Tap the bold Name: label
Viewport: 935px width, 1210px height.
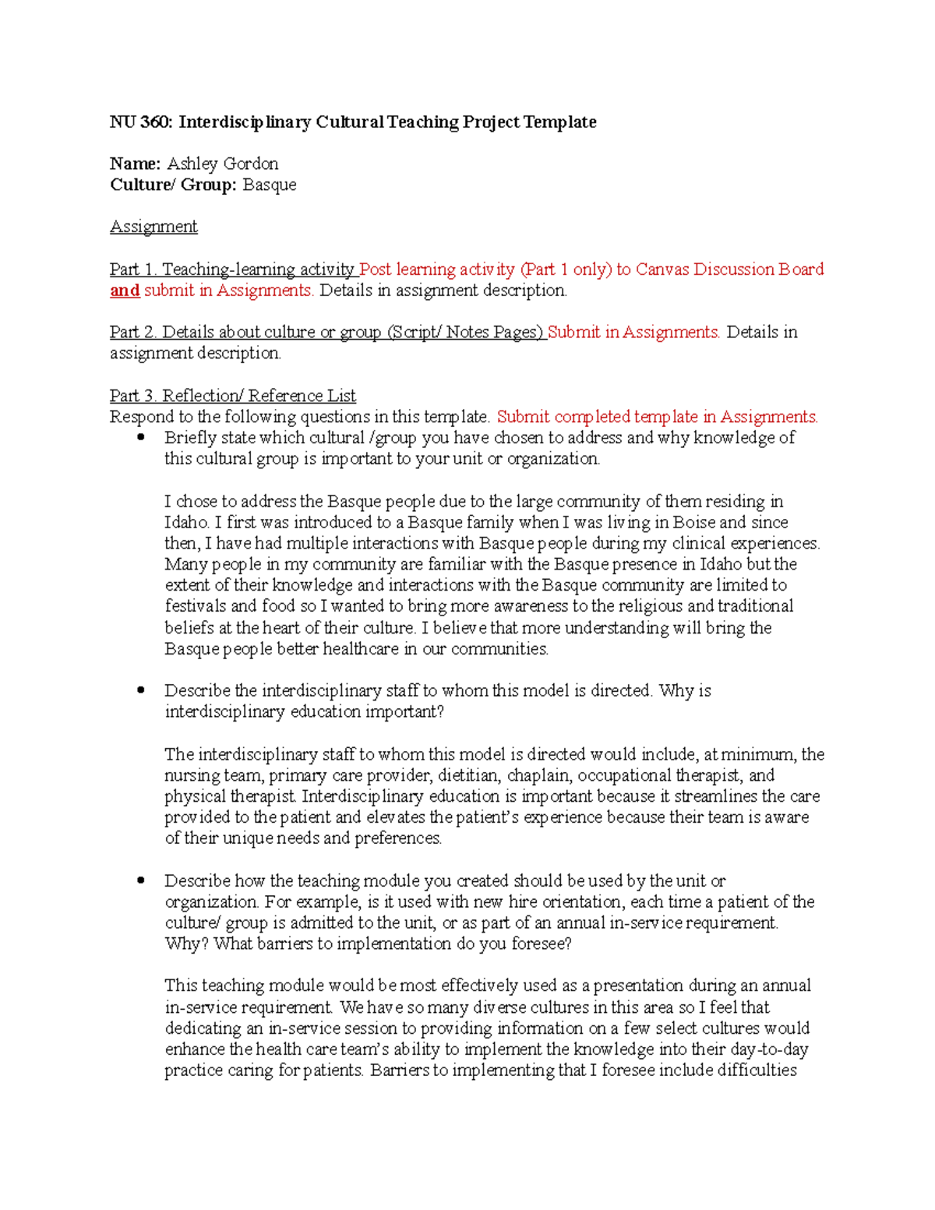(135, 164)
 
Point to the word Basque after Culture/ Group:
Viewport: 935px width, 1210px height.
(269, 185)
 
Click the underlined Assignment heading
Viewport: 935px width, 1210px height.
(153, 227)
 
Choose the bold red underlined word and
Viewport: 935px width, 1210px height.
(125, 291)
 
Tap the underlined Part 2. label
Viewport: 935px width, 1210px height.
(133, 333)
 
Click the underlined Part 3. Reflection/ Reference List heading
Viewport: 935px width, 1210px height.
(233, 396)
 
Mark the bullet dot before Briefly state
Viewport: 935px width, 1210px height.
(141, 438)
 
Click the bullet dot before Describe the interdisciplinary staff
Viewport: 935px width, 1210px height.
(141, 690)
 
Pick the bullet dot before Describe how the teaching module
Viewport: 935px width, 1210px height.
(141, 880)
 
